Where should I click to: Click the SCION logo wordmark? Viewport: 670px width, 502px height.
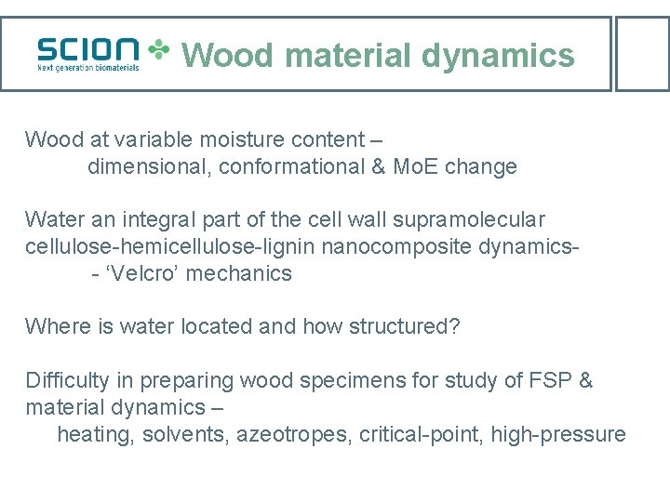[x=88, y=48]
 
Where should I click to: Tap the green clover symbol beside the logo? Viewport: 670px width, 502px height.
[x=160, y=51]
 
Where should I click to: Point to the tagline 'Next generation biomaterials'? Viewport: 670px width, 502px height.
[x=88, y=67]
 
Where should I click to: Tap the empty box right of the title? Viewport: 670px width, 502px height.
[x=643, y=53]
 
